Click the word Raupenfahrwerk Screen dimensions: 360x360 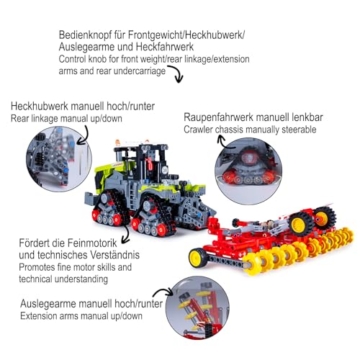pos(217,117)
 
